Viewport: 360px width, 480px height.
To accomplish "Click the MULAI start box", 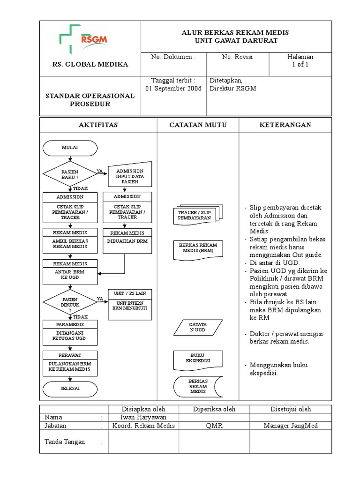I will point(70,148).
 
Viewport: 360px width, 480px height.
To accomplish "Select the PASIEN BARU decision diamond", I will point(69,175).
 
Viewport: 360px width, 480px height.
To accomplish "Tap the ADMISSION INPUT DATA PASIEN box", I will point(130,176).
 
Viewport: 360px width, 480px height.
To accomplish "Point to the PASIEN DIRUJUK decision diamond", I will point(69,303).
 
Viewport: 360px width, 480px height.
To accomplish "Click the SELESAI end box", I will point(70,389).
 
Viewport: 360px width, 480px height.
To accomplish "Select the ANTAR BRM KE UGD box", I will point(70,274).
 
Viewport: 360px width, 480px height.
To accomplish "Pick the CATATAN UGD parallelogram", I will point(197,327).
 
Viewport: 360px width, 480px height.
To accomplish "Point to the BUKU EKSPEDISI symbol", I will point(198,359).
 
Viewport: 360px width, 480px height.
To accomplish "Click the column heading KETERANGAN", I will point(285,125).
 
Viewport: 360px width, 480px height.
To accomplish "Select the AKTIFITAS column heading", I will point(97,125).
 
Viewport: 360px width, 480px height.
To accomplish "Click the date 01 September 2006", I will point(173,88).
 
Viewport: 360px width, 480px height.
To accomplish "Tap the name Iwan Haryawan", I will point(143,417).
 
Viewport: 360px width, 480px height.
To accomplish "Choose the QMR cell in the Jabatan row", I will point(214,426).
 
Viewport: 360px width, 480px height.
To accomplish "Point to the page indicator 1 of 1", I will point(300,65).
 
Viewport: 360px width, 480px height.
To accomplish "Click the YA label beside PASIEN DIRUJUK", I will point(100,299).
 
